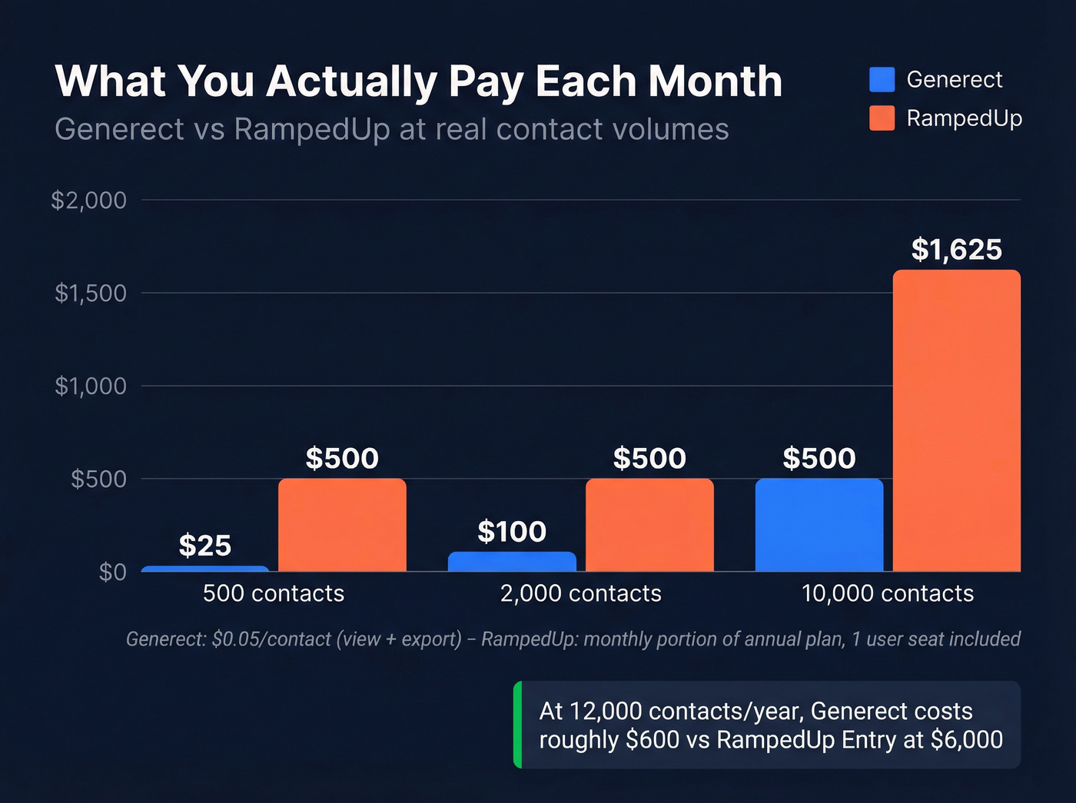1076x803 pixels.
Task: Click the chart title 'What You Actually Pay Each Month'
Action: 418,81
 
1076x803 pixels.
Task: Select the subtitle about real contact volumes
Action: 391,129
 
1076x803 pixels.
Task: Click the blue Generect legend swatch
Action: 882,79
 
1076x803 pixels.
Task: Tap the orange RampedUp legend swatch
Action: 882,118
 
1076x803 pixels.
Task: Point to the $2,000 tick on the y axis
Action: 88,201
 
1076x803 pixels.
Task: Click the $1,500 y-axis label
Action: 90,293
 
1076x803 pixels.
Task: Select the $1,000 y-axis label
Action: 90,386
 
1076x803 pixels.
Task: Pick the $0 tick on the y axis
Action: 112,572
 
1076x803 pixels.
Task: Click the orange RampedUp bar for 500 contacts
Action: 342,525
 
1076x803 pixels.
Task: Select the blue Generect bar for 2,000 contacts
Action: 512,562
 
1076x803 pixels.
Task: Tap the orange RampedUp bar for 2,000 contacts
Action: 649,525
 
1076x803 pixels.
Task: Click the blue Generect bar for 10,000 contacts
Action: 819,525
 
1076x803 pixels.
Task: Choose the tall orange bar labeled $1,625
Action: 956,421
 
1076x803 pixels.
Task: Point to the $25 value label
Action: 204,546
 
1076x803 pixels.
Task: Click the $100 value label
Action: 512,532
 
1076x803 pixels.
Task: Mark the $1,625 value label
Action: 956,250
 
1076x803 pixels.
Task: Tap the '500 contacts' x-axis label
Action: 274,593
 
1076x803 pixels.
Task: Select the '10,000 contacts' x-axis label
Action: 887,593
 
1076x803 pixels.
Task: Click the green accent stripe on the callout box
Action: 518,725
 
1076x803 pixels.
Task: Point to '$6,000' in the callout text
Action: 966,740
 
